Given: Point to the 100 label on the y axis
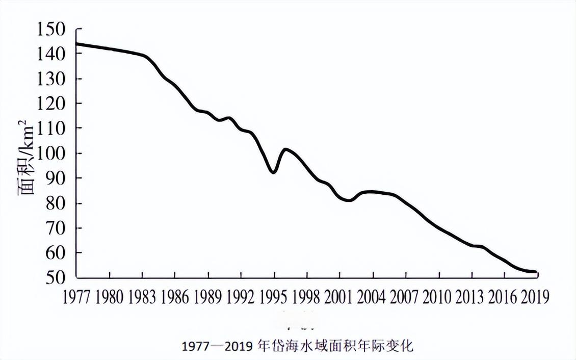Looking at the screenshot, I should pos(51,153).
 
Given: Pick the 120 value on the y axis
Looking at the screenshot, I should pos(51,104).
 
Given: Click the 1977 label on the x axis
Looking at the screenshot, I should pos(76,297).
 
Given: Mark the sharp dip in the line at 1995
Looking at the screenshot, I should pos(274,173).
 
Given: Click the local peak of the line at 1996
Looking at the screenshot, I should pos(285,149).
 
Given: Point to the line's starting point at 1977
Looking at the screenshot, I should pos(76,44).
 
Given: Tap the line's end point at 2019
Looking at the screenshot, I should pos(536,272).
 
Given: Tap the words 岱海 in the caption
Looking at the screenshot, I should pos(279,346).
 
